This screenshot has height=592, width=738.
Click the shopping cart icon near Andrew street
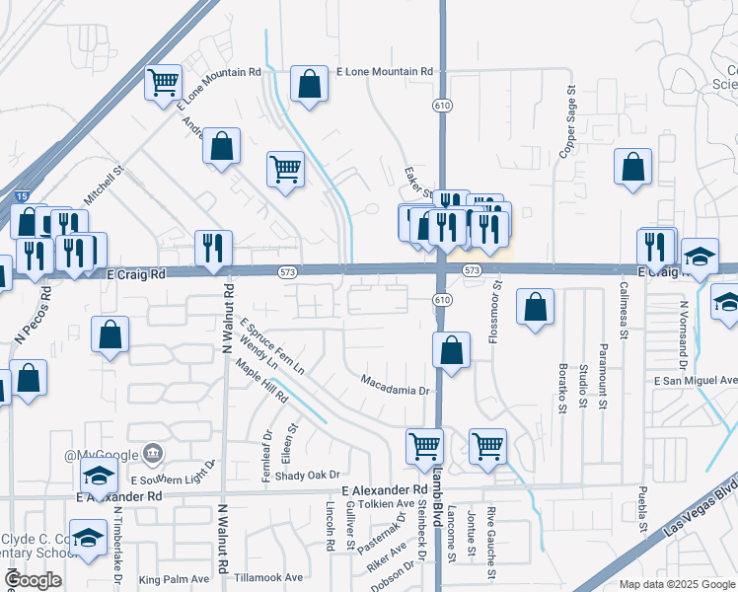pyautogui.click(x=285, y=169)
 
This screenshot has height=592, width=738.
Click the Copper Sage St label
pyautogui.click(x=569, y=121)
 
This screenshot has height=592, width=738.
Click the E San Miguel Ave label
pyautogui.click(x=695, y=380)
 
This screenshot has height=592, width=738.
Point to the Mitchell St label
pyautogui.click(x=104, y=185)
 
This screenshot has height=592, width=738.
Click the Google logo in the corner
pyautogui.click(x=34, y=580)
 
